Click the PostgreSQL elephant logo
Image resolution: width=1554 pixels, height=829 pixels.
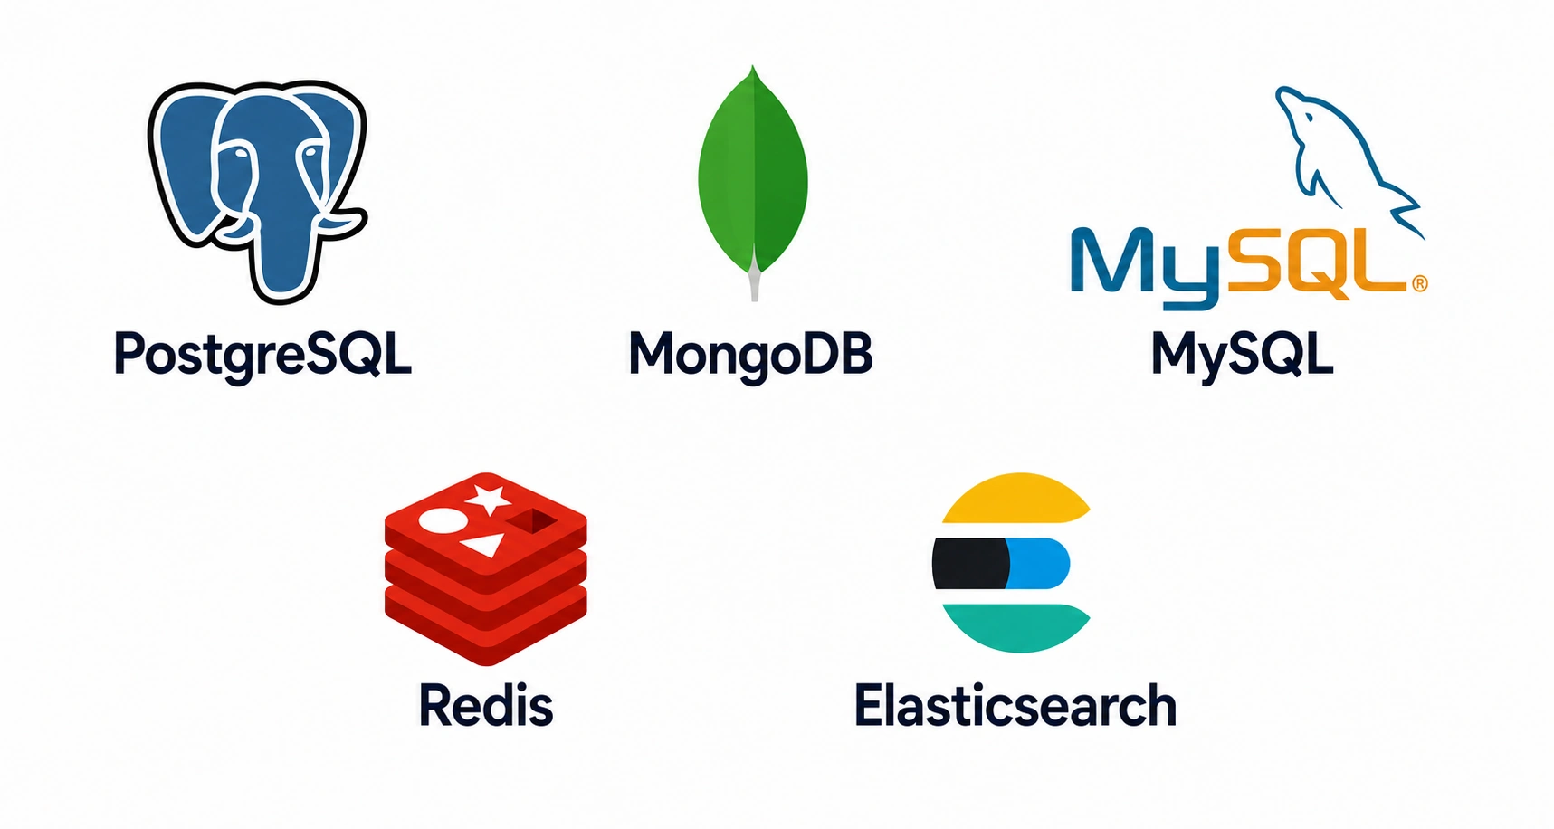tap(258, 190)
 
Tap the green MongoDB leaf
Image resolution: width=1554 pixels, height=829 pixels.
tap(753, 172)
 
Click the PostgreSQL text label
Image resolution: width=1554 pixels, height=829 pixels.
tap(262, 354)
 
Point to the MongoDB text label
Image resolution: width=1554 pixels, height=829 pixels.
tap(751, 354)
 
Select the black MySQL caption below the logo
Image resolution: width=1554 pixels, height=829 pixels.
tap(1242, 354)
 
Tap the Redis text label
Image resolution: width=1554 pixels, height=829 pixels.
tap(486, 705)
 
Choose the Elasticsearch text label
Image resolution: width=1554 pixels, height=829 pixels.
tap(1015, 705)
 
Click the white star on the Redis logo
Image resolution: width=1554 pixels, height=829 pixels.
tap(489, 499)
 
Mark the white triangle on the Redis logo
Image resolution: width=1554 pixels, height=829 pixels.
tap(486, 545)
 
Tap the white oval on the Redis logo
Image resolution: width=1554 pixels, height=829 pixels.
tap(442, 519)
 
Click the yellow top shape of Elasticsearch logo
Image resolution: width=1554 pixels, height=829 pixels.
tap(1015, 499)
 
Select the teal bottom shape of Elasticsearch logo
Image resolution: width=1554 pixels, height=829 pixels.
tap(1015, 628)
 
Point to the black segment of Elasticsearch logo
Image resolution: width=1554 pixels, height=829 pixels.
tap(970, 563)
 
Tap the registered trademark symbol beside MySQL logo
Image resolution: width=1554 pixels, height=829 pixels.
tap(1419, 284)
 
